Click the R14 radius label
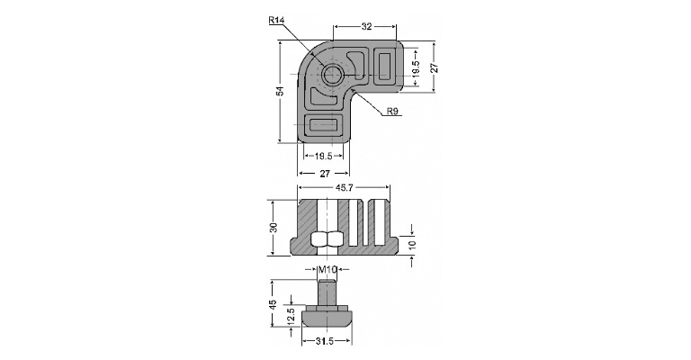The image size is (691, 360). click(x=276, y=20)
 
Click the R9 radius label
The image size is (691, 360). click(x=392, y=112)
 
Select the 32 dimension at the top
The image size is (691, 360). click(x=366, y=26)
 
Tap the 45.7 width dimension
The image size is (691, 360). click(x=345, y=188)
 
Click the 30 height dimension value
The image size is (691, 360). click(x=274, y=228)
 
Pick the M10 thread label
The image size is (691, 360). click(x=328, y=269)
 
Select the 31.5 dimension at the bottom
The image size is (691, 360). click(x=325, y=340)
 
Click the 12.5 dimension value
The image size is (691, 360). click(x=291, y=317)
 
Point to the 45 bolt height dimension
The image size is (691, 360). click(x=274, y=304)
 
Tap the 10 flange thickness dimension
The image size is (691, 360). click(x=411, y=245)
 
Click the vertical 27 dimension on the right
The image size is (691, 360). click(x=434, y=67)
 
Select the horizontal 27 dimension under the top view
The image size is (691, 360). click(x=325, y=174)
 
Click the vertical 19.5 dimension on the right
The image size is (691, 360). click(x=416, y=67)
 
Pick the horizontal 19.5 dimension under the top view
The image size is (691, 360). click(x=323, y=156)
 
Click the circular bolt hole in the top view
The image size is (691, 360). click(x=331, y=75)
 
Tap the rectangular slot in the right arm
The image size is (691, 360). click(x=384, y=67)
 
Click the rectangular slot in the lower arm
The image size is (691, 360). click(x=324, y=125)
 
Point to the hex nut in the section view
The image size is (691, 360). click(x=327, y=239)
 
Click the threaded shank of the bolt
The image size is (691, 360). click(x=327, y=292)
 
